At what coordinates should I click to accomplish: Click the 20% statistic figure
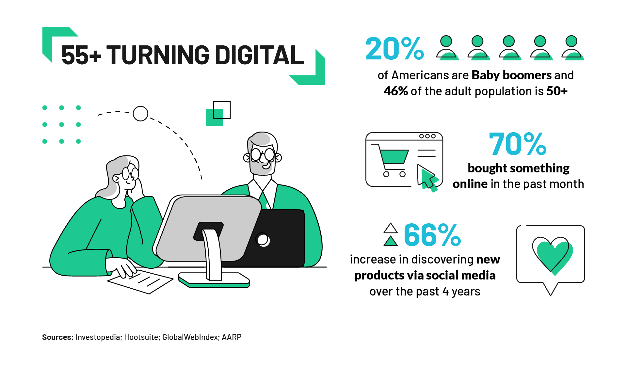click(394, 49)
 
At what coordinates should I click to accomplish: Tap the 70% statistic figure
click(518, 144)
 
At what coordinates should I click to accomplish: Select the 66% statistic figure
click(432, 235)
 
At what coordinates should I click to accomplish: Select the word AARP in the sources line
click(232, 337)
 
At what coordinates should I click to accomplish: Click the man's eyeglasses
click(263, 155)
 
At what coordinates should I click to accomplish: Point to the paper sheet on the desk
click(140, 280)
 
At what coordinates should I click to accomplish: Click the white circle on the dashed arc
click(140, 114)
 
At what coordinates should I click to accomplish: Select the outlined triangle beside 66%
click(391, 228)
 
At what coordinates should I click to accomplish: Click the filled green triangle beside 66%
click(391, 241)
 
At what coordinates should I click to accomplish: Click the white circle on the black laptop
click(263, 240)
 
